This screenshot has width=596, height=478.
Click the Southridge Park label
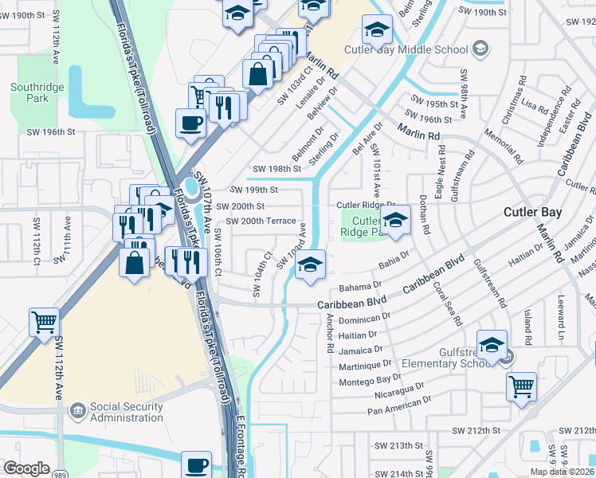29,92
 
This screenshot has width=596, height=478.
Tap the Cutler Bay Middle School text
406,49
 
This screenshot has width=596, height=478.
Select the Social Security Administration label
127,412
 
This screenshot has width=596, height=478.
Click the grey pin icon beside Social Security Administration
78,411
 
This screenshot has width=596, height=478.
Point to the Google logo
26,468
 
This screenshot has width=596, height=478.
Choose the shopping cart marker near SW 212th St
521,387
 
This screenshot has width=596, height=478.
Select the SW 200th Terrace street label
261,221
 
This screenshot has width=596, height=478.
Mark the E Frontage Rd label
241,446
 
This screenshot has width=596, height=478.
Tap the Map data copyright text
563,472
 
